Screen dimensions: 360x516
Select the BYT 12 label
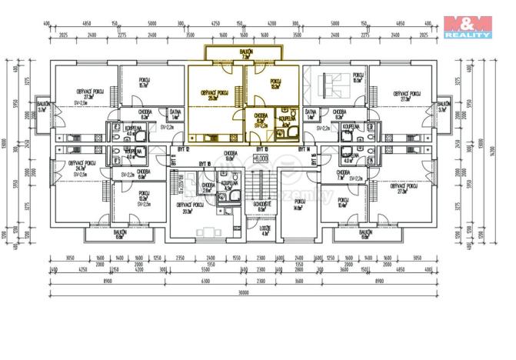[x=182, y=148]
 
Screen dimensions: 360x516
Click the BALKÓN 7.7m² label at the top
[x=246, y=53]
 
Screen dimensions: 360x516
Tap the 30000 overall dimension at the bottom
[x=245, y=292]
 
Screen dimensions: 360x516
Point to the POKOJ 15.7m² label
[x=144, y=83]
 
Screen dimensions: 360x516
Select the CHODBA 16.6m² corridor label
[x=230, y=155]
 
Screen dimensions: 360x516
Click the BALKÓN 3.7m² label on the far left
[x=44, y=106]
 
